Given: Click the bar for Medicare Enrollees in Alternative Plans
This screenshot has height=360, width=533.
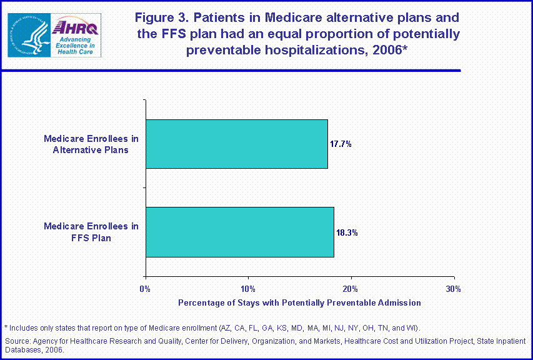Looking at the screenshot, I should tap(236, 144).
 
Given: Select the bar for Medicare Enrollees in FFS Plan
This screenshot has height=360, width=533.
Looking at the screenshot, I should tap(239, 232).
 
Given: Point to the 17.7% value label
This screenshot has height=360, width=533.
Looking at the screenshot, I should tap(341, 144).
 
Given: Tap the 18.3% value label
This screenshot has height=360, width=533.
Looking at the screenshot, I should tap(347, 232).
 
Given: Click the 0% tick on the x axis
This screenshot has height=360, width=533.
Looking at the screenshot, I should tap(146, 289).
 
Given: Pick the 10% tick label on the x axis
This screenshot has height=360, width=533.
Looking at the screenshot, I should tap(248, 289).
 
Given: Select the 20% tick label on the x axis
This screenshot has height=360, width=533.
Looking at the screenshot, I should tap(351, 289).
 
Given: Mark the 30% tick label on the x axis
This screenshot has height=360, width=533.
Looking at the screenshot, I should tap(454, 289).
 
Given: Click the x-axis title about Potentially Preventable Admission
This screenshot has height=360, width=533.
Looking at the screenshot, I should tap(299, 302).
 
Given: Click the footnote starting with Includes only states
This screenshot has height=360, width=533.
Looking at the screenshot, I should tap(212, 327).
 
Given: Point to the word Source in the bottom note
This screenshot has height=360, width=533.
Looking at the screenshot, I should tap(17, 341).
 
